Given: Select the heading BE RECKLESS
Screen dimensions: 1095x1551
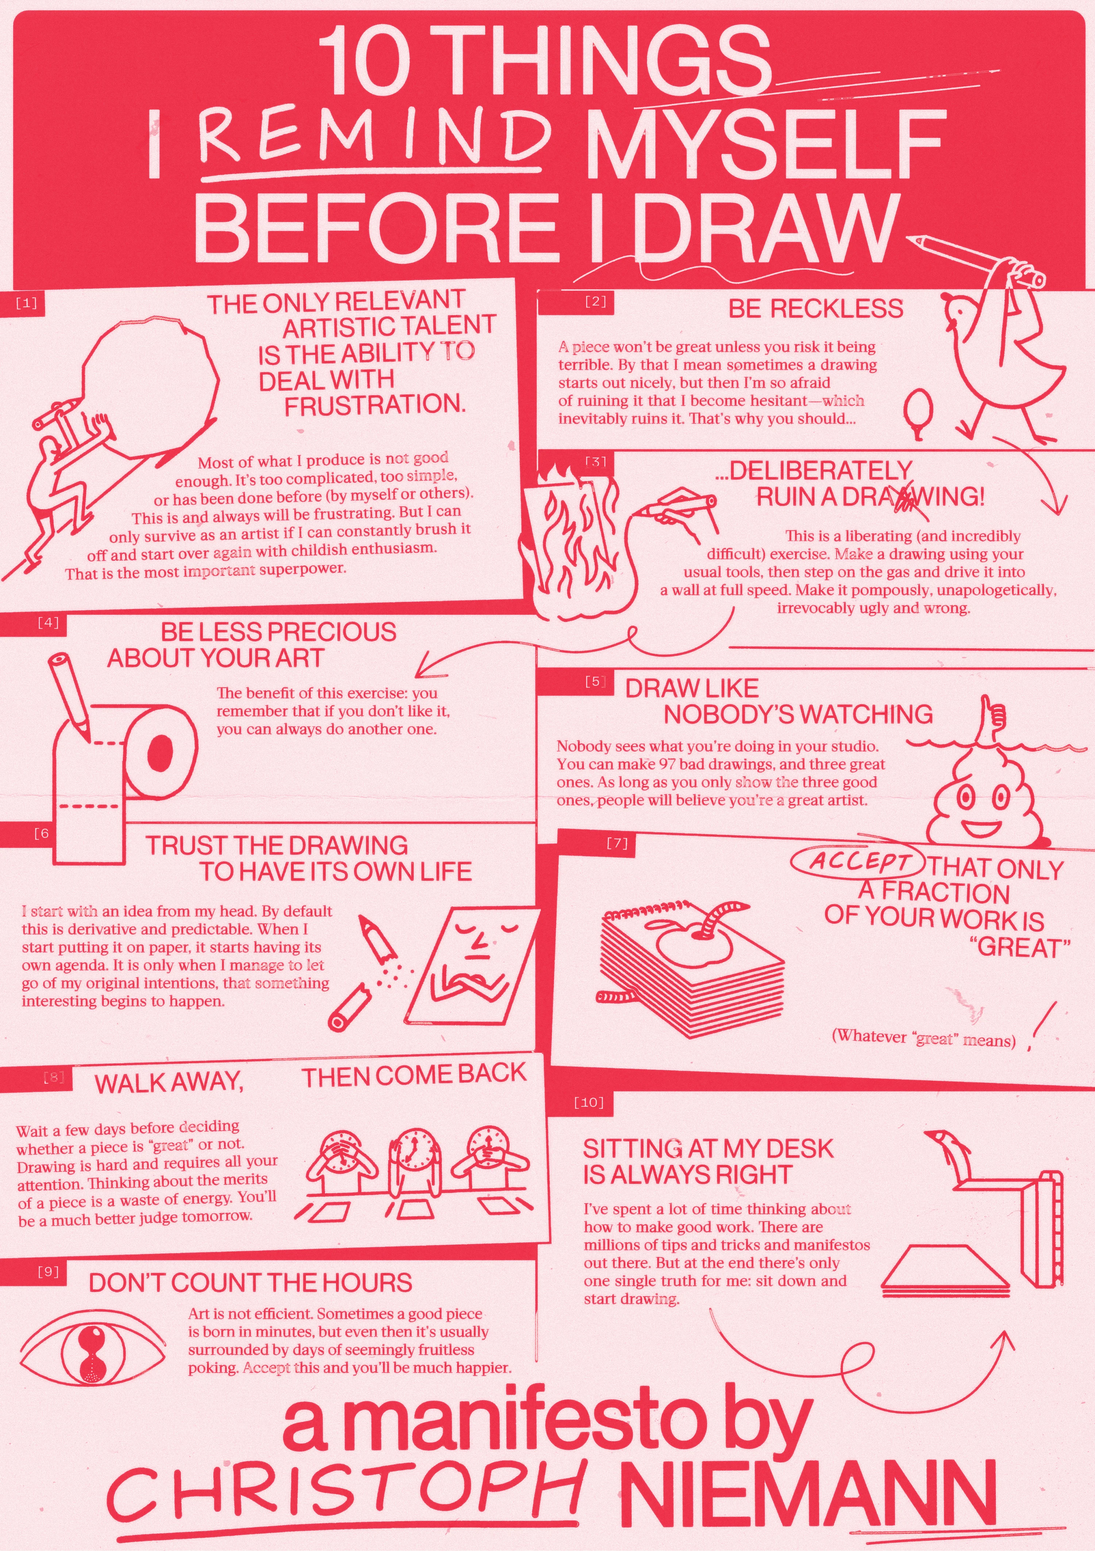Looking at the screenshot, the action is [x=815, y=309].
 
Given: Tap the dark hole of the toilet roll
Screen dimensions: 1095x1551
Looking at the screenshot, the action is [x=160, y=751].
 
